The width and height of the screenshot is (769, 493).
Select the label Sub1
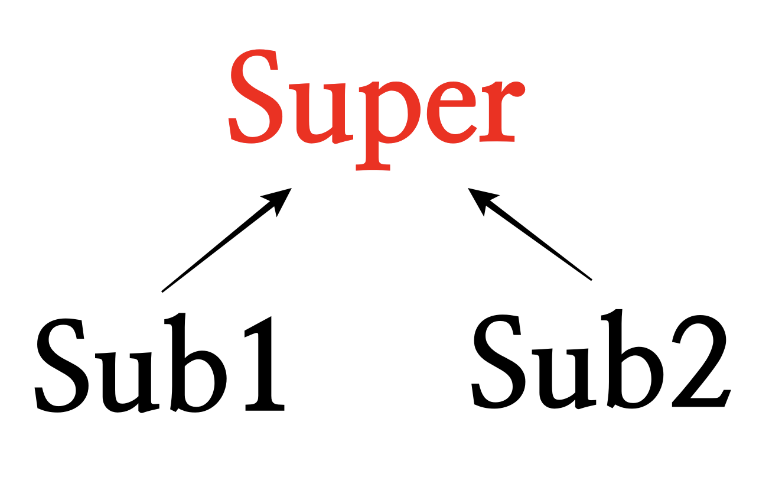[x=159, y=364]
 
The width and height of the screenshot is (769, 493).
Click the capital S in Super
[x=253, y=96]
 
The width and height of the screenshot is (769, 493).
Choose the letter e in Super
[x=451, y=112]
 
